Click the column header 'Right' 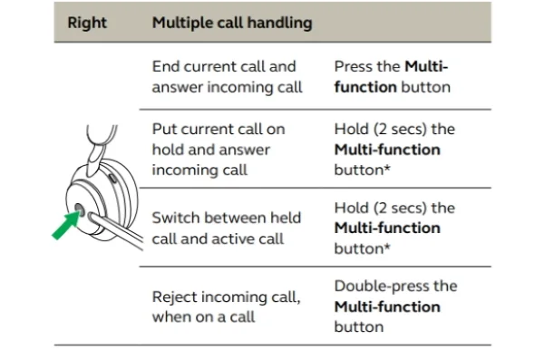87,23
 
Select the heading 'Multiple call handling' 232,24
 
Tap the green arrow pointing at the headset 66,225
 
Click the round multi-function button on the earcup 80,209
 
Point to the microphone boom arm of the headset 116,231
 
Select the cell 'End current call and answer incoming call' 228,77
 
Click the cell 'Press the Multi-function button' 392,77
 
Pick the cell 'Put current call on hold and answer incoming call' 219,150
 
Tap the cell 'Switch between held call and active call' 226,229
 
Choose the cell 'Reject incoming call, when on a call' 226,306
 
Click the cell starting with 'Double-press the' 396,306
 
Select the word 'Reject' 174,297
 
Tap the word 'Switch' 176,218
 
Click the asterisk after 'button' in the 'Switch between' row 387,246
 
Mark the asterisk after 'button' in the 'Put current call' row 387,168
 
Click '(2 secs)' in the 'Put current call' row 400,130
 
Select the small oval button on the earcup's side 112,178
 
